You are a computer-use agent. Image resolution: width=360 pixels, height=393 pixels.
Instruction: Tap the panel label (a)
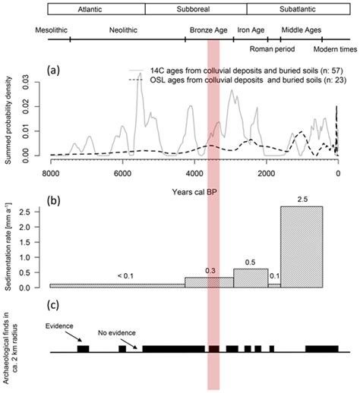pyautogui.click(x=55, y=70)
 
